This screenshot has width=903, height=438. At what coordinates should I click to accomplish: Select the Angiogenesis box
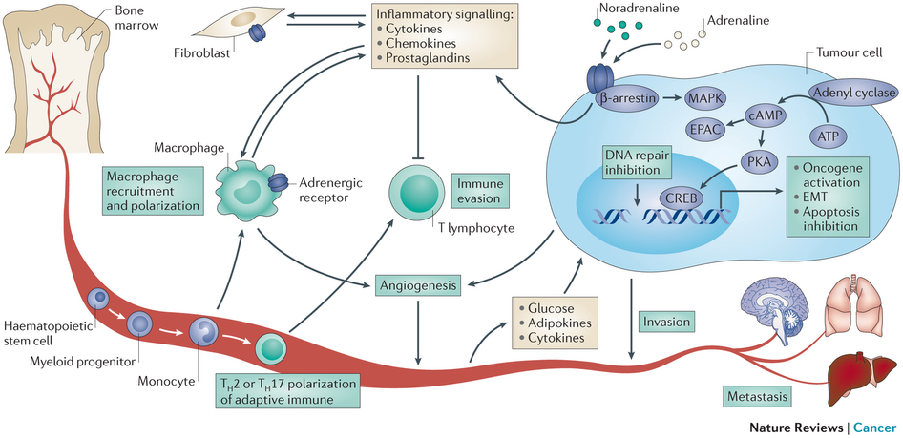419,284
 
